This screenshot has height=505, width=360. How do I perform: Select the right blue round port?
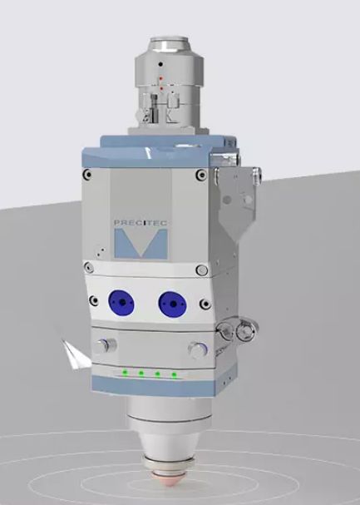pos(172,303)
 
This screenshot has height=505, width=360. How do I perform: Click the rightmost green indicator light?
pos(174,374)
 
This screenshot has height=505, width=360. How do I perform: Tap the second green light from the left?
pos(140,373)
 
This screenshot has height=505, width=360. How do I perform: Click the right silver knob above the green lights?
pos(196,348)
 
